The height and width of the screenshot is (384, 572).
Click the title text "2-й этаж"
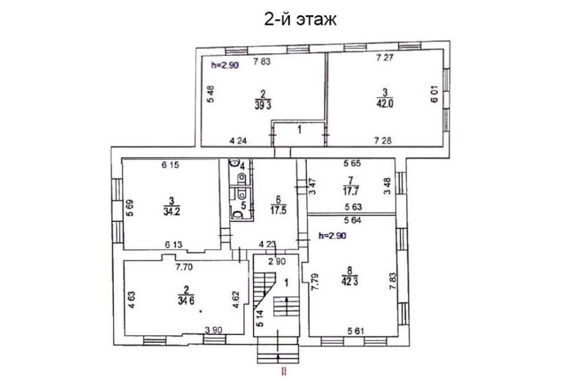coord(300,20)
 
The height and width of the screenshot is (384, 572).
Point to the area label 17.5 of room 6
coord(278,210)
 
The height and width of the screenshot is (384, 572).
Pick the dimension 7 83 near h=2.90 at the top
coord(262,62)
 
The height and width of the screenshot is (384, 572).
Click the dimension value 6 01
coord(435,94)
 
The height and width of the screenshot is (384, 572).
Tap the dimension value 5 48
coord(210,95)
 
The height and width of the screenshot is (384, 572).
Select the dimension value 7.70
coord(184,267)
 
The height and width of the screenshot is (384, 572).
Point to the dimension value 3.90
coord(214,330)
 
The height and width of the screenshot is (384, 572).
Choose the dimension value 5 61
coord(357,331)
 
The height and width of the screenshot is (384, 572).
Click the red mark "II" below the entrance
coord(283,372)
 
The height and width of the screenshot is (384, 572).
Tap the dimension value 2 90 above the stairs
coord(278,261)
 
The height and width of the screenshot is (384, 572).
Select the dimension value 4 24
coord(238,140)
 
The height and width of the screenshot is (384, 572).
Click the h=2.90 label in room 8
coord(332,236)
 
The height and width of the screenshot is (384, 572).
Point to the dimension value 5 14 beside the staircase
coord(260,318)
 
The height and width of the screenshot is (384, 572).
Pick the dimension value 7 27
coord(385,57)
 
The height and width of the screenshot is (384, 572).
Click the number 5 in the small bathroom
coord(243,205)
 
